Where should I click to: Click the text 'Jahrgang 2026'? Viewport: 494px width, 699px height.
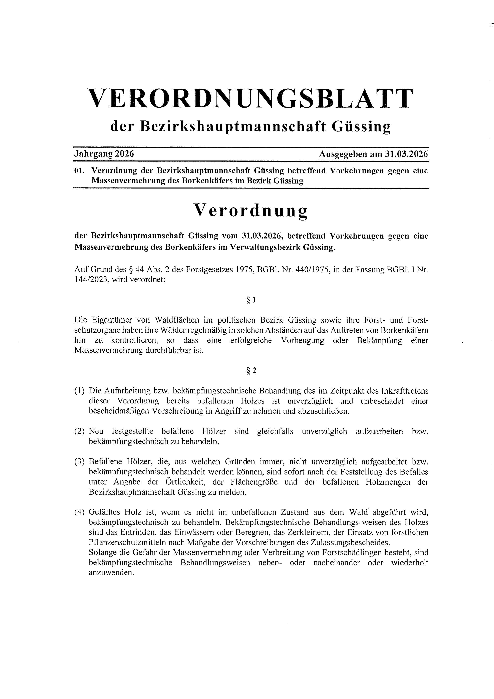click(x=104, y=154)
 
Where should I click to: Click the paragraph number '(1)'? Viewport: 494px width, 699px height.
click(x=80, y=391)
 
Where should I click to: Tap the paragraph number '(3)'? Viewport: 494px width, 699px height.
click(x=80, y=462)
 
